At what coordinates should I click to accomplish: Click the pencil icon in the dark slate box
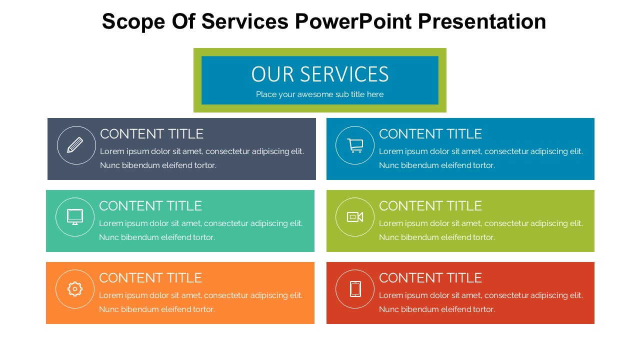click(75, 145)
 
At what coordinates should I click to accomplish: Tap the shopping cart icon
click(355, 145)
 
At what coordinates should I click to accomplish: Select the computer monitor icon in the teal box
click(75, 217)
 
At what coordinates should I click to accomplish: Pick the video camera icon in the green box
click(355, 217)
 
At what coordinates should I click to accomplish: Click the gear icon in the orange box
click(75, 289)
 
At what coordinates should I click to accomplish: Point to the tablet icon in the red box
click(355, 289)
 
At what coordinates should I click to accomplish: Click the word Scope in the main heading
click(133, 21)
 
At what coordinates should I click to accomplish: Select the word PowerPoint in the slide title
click(353, 21)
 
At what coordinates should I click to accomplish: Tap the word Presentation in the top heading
click(482, 21)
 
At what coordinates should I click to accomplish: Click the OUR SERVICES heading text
click(320, 74)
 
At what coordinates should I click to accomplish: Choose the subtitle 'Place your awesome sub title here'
click(319, 94)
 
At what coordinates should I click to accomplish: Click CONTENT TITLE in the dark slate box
click(151, 134)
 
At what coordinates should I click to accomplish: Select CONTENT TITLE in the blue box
click(430, 134)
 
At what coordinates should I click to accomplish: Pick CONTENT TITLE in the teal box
click(150, 206)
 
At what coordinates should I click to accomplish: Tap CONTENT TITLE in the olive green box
click(430, 206)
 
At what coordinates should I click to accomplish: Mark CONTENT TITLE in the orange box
click(150, 278)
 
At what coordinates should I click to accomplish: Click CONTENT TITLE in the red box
click(430, 278)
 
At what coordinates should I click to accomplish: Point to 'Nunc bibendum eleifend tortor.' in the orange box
click(157, 309)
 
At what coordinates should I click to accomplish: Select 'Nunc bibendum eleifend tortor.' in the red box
click(437, 309)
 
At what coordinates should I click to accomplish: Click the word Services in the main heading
click(245, 21)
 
